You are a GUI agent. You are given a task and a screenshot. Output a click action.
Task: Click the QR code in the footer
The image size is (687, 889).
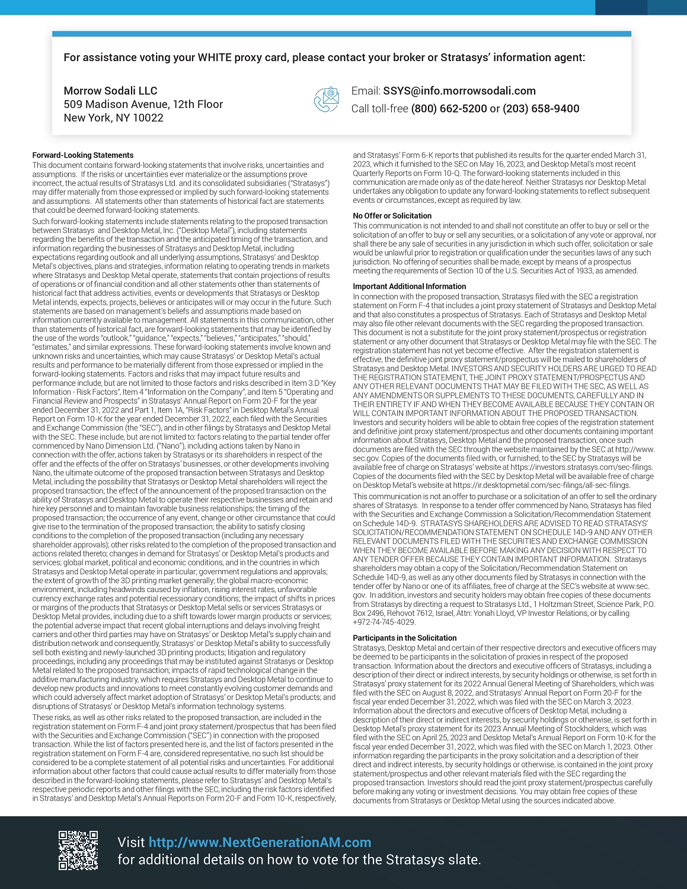(x=78, y=850)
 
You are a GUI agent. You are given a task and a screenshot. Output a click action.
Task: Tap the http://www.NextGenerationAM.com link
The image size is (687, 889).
(x=260, y=842)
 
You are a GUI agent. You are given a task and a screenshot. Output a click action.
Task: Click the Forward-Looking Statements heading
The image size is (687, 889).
(x=83, y=155)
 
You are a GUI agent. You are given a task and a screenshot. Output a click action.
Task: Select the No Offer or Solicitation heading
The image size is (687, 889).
(x=392, y=216)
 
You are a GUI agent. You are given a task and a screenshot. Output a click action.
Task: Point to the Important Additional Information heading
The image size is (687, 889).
(x=409, y=286)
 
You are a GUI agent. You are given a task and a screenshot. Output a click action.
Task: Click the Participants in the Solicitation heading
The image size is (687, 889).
(x=404, y=638)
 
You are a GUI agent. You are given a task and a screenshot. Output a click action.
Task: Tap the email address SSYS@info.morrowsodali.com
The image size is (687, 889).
(x=459, y=91)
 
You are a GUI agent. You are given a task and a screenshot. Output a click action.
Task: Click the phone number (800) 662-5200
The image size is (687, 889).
(x=449, y=108)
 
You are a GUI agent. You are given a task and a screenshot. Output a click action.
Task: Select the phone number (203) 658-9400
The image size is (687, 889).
(x=541, y=108)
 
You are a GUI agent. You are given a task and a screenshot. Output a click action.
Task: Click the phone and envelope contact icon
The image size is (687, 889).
(x=326, y=100)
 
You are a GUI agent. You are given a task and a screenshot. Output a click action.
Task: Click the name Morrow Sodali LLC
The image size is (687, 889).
(x=110, y=91)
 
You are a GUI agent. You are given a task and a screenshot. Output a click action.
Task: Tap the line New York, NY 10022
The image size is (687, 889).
(x=113, y=118)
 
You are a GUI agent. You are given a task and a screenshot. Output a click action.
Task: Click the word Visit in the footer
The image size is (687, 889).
(x=131, y=842)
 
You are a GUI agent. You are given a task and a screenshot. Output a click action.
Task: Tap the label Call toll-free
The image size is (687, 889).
(x=379, y=108)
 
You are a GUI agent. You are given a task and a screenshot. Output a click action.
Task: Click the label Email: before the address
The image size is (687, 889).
(x=365, y=91)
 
